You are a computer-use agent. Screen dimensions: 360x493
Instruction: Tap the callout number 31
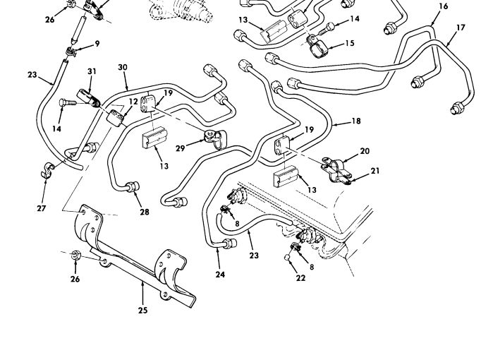tap(92, 71)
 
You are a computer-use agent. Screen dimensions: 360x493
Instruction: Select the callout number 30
tap(123, 68)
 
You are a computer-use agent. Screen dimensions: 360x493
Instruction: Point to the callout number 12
tap(133, 102)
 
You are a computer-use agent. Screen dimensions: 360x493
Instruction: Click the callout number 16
tap(443, 6)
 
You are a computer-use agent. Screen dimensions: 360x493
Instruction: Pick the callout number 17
tap(461, 28)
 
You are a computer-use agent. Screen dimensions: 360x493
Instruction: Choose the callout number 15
tap(349, 44)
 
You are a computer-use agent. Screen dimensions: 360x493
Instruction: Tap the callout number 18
tap(356, 121)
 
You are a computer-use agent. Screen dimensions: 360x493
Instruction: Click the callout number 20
tap(365, 151)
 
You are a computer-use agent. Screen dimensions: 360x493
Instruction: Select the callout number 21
tap(375, 171)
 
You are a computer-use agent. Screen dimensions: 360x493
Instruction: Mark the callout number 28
tap(144, 212)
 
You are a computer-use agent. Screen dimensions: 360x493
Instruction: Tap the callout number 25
tap(142, 308)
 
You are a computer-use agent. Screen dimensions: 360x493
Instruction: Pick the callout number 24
tap(220, 275)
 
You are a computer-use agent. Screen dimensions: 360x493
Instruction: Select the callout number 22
tap(301, 277)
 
